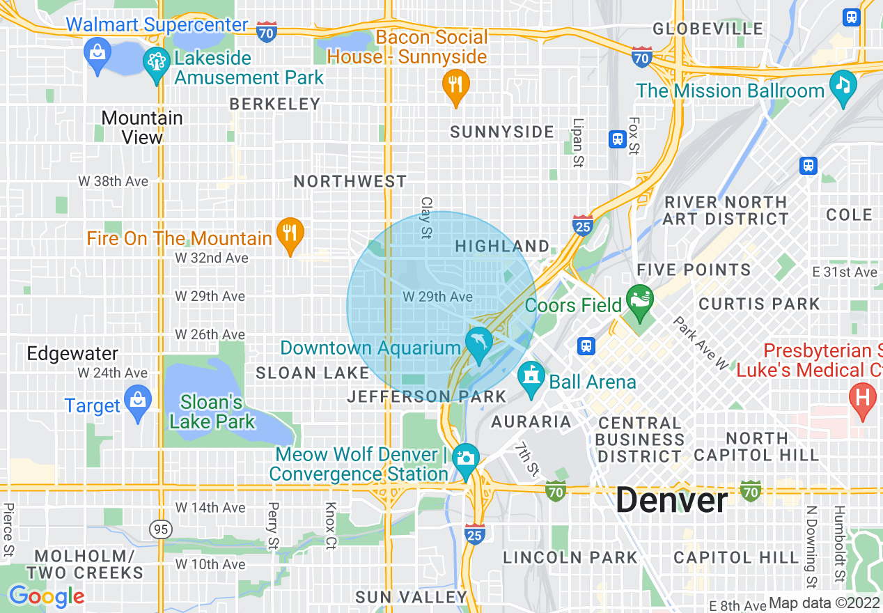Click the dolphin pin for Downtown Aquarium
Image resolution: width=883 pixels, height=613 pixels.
pos(479,343)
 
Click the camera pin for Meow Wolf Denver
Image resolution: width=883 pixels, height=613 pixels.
pos(465,458)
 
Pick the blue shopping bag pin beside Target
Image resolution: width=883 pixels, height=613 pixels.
pos(138,403)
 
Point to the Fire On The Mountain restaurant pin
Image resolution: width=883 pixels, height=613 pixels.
pos(289,235)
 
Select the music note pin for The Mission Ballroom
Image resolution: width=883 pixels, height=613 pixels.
pos(843,87)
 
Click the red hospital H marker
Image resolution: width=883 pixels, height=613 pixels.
pos(862,399)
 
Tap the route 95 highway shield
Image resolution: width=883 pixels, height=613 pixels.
pos(160,529)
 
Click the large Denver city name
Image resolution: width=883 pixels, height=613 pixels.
pos(672,500)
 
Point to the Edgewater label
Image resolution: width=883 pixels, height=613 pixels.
pos(72,353)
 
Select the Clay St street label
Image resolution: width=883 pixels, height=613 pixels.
pos(426,217)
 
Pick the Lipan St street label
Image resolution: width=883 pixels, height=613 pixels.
pos(578,143)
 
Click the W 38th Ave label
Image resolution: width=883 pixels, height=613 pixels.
pos(113,181)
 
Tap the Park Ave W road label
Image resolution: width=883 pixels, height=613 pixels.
pos(700,343)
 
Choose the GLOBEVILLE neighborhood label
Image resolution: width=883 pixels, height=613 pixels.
pos(708,29)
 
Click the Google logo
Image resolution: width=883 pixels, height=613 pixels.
pos(46,596)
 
